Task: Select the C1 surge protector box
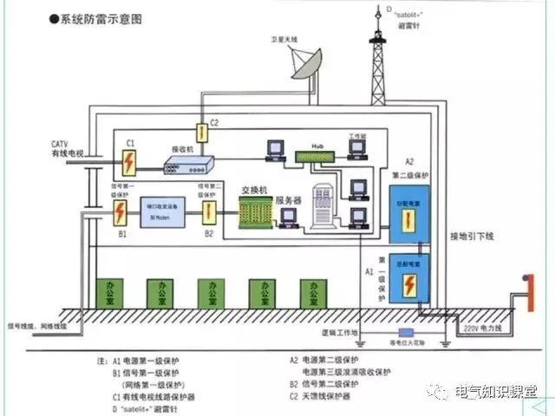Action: coord(131,163)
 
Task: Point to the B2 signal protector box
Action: coord(208,211)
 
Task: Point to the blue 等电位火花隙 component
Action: coord(404,332)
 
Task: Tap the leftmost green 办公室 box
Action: coord(108,291)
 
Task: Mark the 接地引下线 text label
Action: coord(470,236)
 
